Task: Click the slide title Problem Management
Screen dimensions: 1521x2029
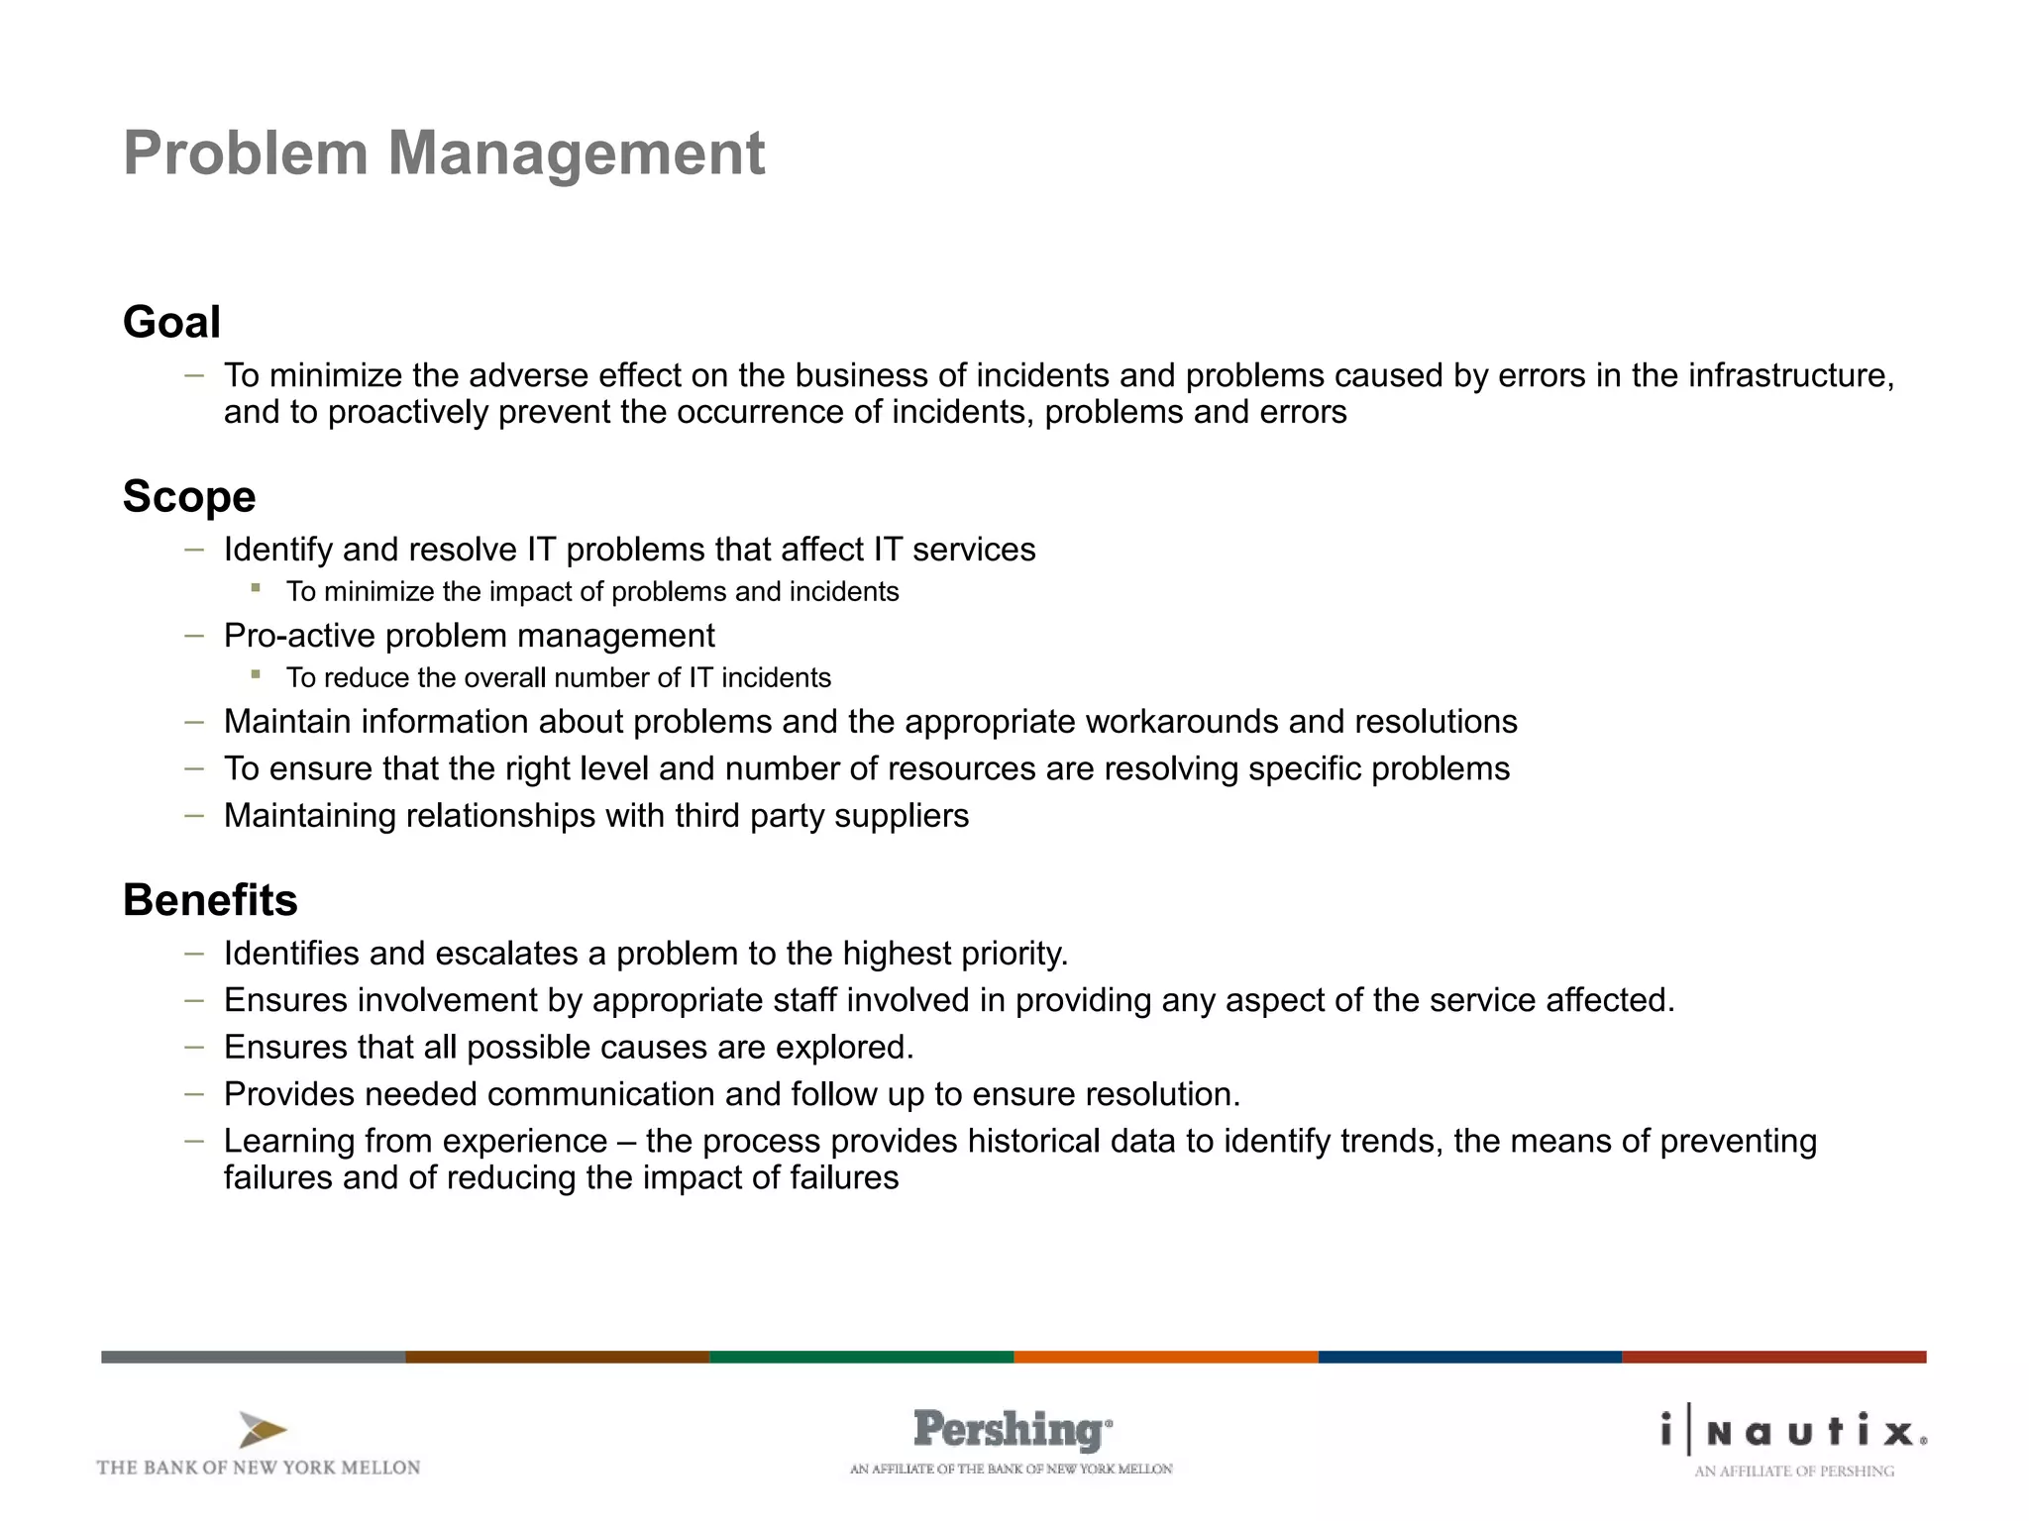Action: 443,153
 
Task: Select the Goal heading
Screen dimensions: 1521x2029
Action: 171,322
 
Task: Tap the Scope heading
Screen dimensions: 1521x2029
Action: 188,496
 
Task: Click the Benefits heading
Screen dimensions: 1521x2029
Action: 210,900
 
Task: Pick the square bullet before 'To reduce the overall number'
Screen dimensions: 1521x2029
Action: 256,674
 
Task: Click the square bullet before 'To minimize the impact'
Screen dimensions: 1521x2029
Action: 256,588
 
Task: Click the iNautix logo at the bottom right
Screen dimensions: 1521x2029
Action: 1794,1432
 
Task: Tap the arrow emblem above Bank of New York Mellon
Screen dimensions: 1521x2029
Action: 263,1430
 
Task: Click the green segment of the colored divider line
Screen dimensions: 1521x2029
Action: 861,1357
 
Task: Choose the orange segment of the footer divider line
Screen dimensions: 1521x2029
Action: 1165,1357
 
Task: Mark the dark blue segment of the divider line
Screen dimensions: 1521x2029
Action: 1469,1357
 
